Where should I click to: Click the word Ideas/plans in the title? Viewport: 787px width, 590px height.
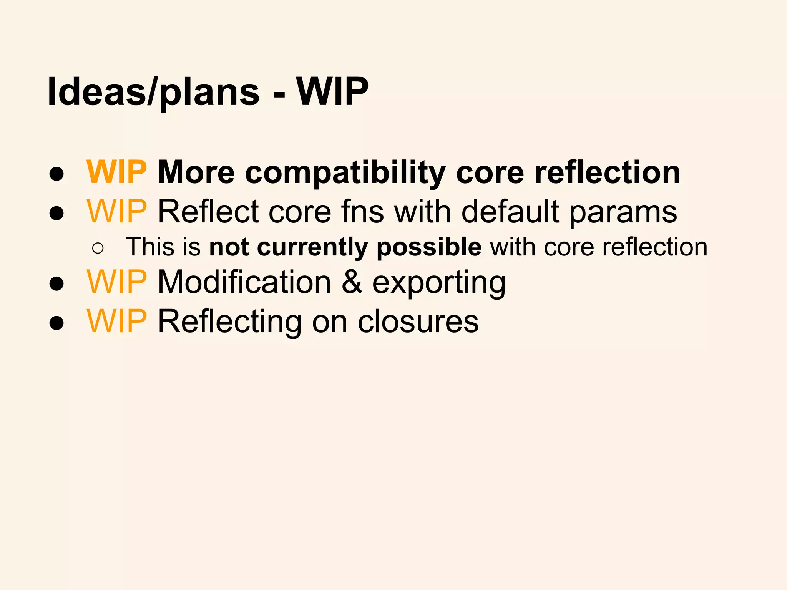coord(154,92)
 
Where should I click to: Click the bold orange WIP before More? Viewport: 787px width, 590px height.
coord(117,172)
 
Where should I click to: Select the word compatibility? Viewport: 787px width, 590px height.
coord(345,173)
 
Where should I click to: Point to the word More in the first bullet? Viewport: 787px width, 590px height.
coord(196,172)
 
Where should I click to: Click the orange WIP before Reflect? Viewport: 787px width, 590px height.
coord(117,212)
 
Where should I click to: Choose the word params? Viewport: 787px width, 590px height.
coord(623,213)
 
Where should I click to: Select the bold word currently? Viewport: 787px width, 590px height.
coord(312,248)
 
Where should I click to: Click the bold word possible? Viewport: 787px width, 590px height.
coord(429,248)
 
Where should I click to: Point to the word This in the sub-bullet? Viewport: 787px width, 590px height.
coord(149,247)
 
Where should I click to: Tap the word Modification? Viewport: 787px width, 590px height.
coord(244,282)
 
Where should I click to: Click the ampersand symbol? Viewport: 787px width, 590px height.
coord(352,282)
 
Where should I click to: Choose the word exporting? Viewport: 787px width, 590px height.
coord(439,284)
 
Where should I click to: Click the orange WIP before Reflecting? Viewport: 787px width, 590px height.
coord(117,322)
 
